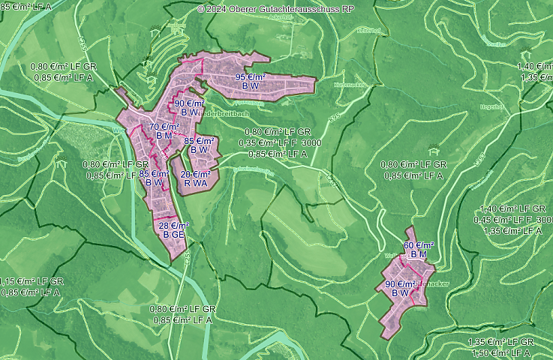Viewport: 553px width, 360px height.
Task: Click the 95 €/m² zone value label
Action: [251, 77]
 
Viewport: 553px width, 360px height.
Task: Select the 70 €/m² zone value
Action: [164, 127]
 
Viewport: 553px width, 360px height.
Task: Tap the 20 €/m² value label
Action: [195, 174]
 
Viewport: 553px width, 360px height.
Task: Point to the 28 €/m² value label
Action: [174, 226]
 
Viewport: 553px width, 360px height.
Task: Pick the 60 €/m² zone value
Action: [419, 245]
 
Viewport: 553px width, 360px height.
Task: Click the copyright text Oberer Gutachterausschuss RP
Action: [277, 9]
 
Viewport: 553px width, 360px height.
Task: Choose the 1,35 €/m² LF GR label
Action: [500, 343]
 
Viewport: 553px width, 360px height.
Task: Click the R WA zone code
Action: [194, 183]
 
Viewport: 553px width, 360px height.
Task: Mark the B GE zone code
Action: [174, 235]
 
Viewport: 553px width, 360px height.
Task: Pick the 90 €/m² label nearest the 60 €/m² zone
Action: [400, 284]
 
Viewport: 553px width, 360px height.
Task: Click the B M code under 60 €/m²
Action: [418, 254]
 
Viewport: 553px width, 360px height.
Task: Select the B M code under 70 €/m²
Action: [164, 136]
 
